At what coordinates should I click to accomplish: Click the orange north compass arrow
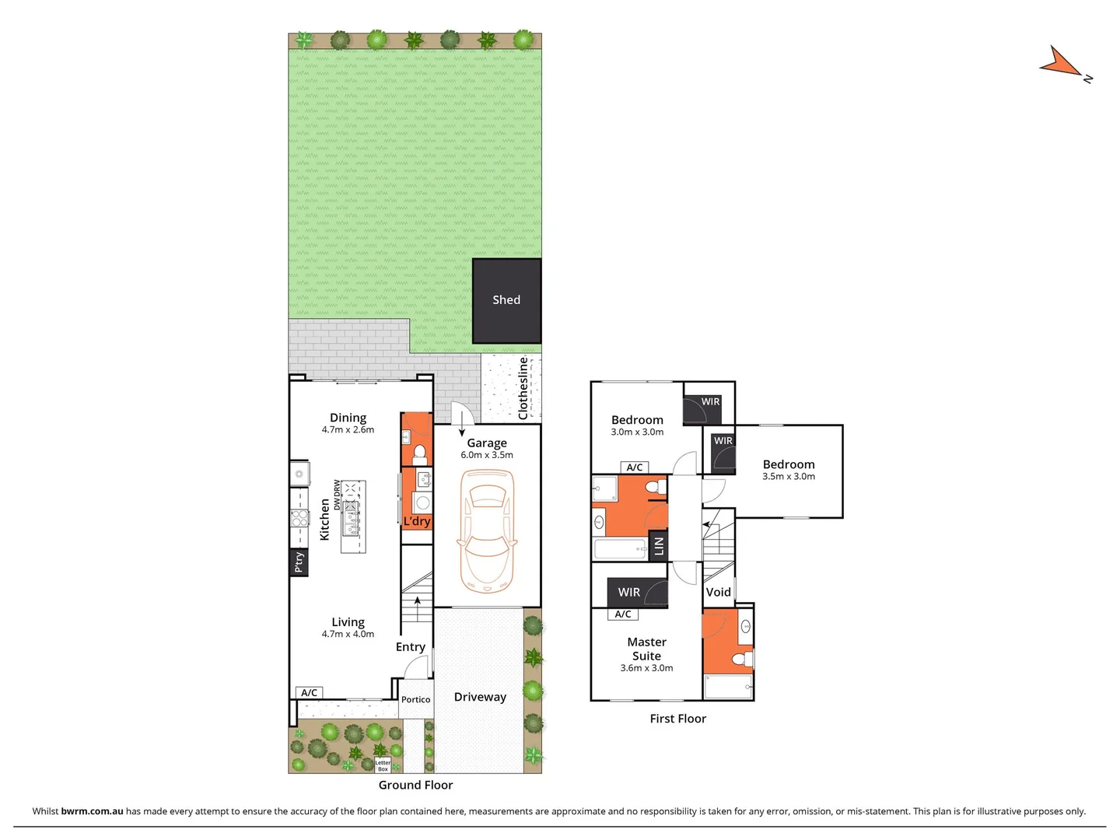coord(1059,61)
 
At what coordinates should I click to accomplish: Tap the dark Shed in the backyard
coord(506,300)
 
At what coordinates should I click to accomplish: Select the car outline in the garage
coord(487,530)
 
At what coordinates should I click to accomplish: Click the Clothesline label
coord(523,388)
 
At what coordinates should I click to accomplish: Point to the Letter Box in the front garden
coord(383,765)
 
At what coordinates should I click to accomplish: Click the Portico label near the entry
coord(415,700)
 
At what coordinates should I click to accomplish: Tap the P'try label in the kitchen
coord(299,562)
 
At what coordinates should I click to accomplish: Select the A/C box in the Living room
coord(309,692)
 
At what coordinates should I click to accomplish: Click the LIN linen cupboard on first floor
coord(659,546)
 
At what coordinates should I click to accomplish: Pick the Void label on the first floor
coord(718,592)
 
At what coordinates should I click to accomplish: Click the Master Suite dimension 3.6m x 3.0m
coord(646,668)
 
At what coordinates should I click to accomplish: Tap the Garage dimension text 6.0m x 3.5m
coord(487,455)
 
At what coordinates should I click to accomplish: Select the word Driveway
coord(480,697)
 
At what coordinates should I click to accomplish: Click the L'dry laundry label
coord(417,521)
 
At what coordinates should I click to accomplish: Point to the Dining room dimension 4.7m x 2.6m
coord(348,429)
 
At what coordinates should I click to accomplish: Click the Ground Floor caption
coord(415,785)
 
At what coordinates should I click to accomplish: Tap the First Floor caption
coord(677,719)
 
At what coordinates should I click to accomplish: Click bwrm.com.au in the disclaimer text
coord(92,811)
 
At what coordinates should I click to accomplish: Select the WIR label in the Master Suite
coord(628,593)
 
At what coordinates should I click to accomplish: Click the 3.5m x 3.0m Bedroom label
coord(789,476)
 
